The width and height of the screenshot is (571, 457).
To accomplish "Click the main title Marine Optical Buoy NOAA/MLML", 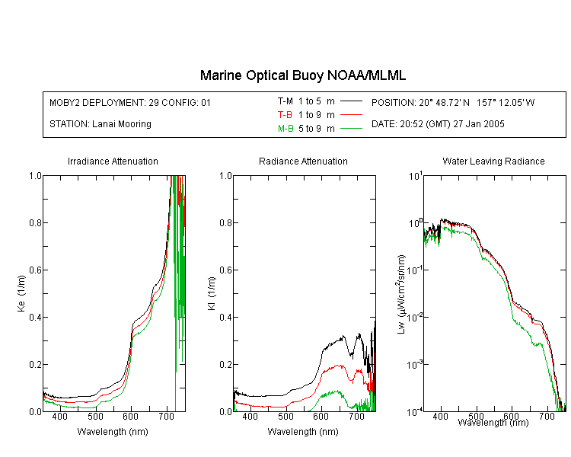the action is pos(302,75).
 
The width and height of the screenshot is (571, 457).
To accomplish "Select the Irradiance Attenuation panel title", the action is pos(113,161).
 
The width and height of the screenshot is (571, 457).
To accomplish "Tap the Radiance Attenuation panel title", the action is pos(303,161).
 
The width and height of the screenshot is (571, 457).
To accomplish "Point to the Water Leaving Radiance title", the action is pos(493,161).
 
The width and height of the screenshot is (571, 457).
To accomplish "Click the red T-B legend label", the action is pos(285,115).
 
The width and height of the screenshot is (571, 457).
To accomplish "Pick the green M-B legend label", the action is pos(285,128).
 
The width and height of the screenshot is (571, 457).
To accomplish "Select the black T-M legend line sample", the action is pos(351,101).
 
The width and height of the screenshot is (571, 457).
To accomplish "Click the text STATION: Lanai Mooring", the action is pos(100,124).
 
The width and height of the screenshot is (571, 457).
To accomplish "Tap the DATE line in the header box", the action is pos(438,124).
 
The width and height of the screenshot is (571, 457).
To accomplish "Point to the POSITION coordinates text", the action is pos(453,102).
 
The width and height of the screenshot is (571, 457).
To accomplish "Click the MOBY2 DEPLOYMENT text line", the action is pos(130,102).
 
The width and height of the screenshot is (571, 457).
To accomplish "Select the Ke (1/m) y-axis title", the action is pos(21,293).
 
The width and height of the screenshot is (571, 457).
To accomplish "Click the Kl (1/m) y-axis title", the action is pos(212,293).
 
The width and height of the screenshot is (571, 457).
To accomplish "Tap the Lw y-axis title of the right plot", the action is pos(401,294).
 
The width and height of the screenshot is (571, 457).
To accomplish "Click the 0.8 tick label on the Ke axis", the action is pos(35,222).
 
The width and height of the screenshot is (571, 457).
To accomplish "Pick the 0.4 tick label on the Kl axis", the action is pos(226,317).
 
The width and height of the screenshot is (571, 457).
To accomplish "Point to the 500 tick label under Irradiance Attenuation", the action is pos(95,416).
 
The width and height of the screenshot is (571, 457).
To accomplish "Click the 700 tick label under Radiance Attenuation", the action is pos(356,416).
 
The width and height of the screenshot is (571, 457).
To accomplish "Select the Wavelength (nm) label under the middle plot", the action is pos(303,432).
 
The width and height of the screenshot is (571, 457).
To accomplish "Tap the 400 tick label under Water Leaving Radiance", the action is pos(440,416).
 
